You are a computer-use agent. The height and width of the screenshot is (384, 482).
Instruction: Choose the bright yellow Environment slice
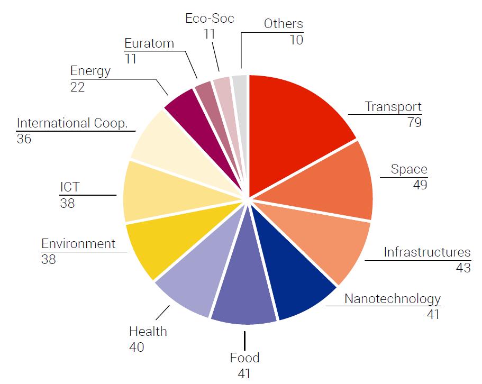click(x=159, y=243)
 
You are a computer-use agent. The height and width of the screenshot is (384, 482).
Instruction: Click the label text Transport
click(x=393, y=107)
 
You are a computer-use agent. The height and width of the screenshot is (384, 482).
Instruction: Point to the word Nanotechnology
click(x=392, y=299)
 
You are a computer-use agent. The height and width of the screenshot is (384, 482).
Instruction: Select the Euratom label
click(x=149, y=43)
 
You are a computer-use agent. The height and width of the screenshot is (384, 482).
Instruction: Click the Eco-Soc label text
click(x=210, y=19)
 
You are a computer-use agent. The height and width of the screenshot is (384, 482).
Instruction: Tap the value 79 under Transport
click(x=413, y=123)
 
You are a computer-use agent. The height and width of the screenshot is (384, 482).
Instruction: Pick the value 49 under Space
click(x=419, y=185)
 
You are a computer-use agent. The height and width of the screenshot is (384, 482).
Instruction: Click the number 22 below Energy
click(x=78, y=87)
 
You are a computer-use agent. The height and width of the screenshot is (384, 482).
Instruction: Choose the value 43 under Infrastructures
click(x=462, y=268)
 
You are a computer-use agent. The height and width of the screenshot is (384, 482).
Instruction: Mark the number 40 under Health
click(x=137, y=348)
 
